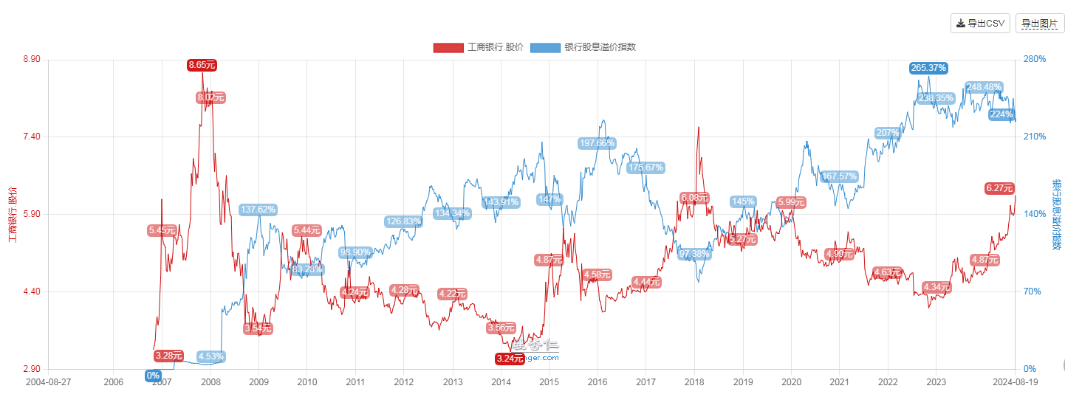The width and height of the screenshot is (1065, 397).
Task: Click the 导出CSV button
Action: click(x=980, y=24)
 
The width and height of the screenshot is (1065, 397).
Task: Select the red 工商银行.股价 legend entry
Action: click(x=479, y=47)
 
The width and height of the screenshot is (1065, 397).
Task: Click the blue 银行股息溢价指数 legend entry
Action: click(x=583, y=47)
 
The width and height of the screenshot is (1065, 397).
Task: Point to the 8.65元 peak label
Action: click(x=202, y=65)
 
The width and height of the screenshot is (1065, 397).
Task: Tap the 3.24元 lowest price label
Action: click(x=510, y=359)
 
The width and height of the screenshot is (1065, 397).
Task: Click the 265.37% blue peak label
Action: click(x=928, y=68)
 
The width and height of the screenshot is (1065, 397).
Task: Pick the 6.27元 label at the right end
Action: click(x=999, y=188)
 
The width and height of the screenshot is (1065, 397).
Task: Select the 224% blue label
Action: click(x=1001, y=114)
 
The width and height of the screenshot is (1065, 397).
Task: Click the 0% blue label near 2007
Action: click(x=153, y=376)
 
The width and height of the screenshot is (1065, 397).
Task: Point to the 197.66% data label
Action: click(x=597, y=143)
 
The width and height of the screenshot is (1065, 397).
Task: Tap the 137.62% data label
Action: click(x=258, y=210)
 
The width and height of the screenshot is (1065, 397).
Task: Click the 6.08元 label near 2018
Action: click(x=695, y=198)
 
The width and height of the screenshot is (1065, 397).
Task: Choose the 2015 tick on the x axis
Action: click(x=549, y=382)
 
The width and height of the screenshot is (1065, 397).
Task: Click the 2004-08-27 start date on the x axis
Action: click(x=48, y=382)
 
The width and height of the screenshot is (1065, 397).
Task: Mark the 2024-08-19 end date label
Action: click(x=1015, y=382)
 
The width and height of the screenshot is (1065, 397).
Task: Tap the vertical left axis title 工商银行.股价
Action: click(x=11, y=214)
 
